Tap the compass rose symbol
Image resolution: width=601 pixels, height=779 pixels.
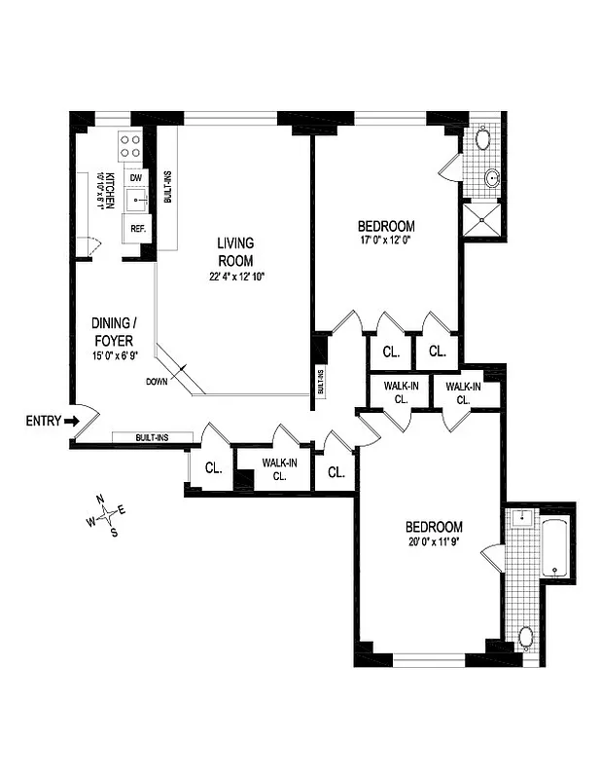point(107,515)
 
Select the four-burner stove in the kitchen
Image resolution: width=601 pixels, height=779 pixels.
point(129,146)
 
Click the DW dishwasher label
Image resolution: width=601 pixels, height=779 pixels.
point(135,178)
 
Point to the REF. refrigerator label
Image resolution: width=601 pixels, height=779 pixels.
point(134,230)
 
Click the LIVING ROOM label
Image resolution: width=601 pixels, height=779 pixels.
point(235,251)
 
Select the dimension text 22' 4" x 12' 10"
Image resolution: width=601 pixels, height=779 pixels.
point(236,277)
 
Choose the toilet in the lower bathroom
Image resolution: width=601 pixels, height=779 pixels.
point(525,638)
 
